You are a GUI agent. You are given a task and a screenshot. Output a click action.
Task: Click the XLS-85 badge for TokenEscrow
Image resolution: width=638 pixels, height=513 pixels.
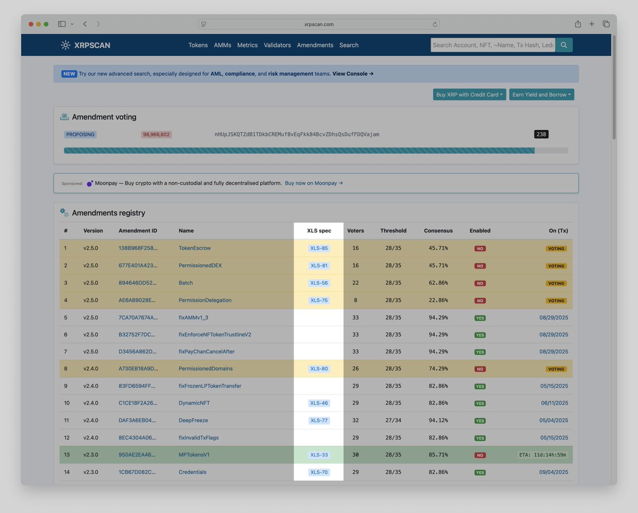point(319,248)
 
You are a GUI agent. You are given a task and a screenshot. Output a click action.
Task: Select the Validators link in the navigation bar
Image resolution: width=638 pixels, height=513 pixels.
point(277,45)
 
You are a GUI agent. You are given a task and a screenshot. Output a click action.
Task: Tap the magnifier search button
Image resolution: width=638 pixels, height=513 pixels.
point(564,45)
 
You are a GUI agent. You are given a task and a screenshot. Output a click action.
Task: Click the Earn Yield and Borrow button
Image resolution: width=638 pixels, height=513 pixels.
point(541,95)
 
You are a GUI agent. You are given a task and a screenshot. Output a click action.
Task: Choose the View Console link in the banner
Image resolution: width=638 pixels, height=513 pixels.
point(352,74)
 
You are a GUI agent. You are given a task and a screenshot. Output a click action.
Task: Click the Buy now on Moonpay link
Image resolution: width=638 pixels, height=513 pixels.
point(314,183)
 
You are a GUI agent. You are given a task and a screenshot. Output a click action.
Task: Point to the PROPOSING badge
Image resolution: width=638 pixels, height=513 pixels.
point(80,134)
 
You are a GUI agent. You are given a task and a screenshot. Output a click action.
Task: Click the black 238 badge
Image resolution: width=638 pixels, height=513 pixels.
point(541,134)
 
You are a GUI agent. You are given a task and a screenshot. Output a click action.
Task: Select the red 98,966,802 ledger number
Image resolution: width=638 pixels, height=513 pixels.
point(156,134)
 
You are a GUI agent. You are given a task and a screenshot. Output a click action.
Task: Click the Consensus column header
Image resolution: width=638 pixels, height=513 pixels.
point(438,231)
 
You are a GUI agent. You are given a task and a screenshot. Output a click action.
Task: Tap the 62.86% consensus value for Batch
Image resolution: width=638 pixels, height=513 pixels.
point(438,283)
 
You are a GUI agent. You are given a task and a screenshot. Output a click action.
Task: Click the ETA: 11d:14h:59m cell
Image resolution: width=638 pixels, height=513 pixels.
point(542,455)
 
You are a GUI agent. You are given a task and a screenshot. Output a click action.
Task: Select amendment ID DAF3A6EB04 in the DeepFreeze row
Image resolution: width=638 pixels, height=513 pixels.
point(138,421)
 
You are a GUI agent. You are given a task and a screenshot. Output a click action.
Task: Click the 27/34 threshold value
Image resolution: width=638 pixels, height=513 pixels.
point(393,421)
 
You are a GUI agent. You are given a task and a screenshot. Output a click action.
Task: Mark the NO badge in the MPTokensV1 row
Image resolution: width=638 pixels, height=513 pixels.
point(480,455)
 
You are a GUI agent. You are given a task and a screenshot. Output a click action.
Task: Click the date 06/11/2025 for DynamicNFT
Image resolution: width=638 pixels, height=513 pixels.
point(554,403)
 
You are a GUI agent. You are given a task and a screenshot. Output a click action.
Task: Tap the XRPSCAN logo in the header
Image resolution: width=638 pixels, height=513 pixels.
point(86,45)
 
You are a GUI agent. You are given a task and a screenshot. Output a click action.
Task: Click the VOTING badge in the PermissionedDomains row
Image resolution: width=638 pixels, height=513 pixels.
point(556,369)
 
